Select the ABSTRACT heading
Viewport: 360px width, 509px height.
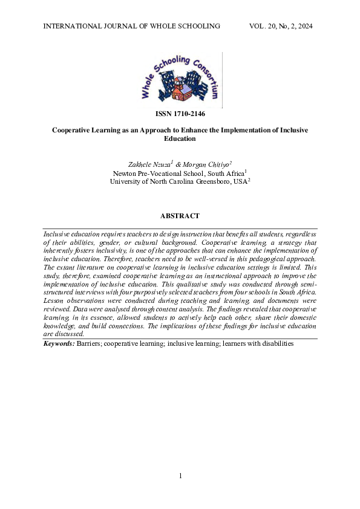[180, 216]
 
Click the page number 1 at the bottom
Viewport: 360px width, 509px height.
[180, 476]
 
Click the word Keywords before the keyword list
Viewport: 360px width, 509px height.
[59, 343]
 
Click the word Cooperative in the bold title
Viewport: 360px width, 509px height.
[72, 129]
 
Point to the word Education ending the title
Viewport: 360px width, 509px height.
[180, 138]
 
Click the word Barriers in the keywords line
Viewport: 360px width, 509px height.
[88, 343]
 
